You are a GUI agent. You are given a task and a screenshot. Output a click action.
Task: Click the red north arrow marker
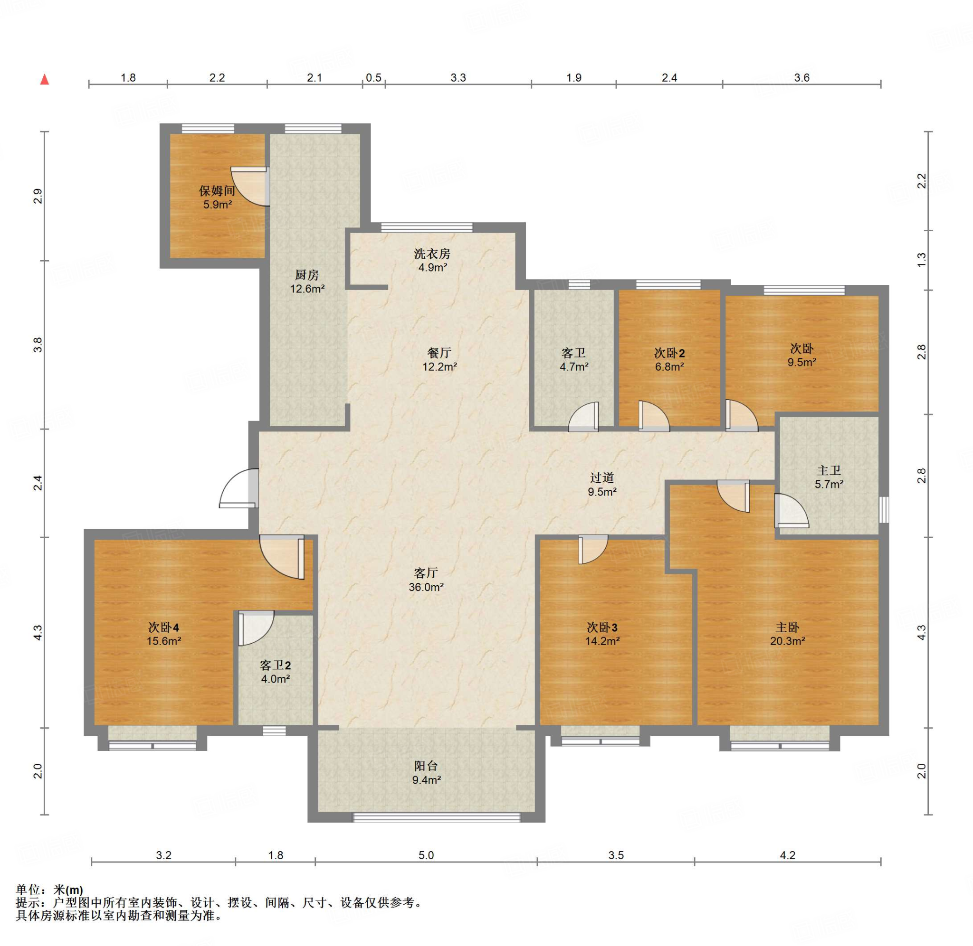click(x=45, y=79)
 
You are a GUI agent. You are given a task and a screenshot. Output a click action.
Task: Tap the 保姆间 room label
click(x=217, y=191)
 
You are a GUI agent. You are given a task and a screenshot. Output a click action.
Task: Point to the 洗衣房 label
click(x=432, y=254)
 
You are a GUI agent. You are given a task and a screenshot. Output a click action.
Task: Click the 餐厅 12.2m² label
click(x=439, y=360)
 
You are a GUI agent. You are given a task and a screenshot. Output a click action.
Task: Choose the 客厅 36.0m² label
click(x=426, y=580)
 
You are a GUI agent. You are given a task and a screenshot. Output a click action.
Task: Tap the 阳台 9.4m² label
click(x=426, y=773)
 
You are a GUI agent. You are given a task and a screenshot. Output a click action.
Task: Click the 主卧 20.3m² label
click(x=788, y=634)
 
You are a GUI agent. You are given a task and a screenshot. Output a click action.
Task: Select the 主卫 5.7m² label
click(x=829, y=477)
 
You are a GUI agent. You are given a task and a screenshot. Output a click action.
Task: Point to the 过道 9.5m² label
click(x=602, y=485)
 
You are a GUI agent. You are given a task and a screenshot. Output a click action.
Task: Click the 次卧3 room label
click(x=602, y=628)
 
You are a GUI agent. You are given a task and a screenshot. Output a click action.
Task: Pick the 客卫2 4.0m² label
click(x=276, y=672)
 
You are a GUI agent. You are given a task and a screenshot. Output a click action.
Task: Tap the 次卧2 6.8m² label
click(x=669, y=360)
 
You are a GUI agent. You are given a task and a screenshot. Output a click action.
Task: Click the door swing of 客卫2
click(x=256, y=628)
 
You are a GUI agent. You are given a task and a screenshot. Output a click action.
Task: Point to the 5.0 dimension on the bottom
click(x=426, y=855)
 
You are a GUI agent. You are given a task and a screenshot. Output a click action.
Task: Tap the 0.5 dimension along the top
click(x=373, y=77)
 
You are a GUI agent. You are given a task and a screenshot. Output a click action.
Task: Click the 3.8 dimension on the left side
click(x=38, y=345)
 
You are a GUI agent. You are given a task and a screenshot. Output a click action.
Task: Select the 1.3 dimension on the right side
click(x=921, y=259)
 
